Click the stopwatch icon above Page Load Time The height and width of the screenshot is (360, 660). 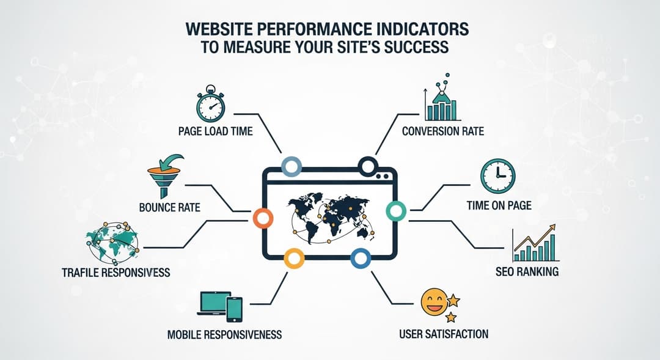point(210,106)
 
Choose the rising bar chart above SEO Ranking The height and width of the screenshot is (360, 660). point(535,245)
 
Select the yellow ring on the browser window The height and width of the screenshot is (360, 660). point(293,257)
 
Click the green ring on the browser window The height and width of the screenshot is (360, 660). point(396,211)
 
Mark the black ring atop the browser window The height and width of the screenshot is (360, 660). point(368,165)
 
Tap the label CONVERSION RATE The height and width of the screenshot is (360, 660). point(442,131)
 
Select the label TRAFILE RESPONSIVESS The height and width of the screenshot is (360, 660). point(116,272)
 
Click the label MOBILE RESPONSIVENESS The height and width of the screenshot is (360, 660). point(224,334)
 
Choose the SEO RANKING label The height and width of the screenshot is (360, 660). point(527,271)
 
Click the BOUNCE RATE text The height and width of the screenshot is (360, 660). point(169,207)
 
